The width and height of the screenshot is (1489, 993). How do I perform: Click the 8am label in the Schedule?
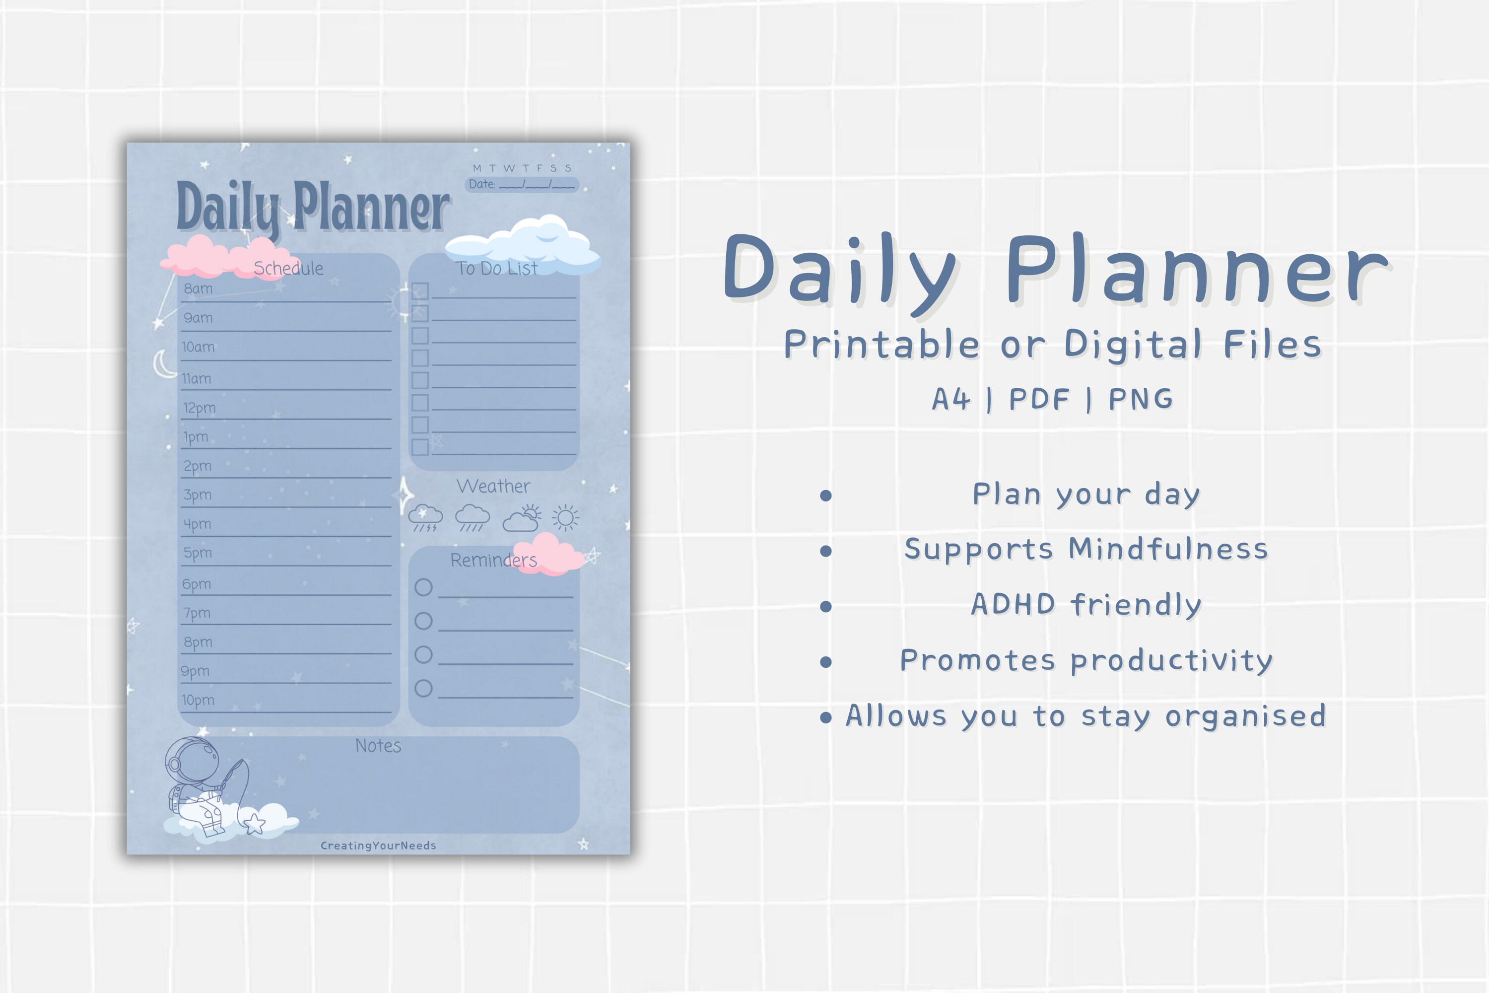[198, 289]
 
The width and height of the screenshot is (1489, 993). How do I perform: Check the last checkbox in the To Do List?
[420, 447]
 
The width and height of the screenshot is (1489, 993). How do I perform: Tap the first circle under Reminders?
[423, 587]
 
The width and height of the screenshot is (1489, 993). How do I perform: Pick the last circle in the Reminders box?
[423, 688]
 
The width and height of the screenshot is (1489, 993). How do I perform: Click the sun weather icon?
[565, 518]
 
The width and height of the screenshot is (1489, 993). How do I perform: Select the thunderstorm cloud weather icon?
[425, 517]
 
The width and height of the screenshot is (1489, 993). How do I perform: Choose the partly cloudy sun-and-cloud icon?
[522, 518]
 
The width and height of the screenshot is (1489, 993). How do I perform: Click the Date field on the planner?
[522, 184]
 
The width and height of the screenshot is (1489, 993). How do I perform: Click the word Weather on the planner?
[493, 487]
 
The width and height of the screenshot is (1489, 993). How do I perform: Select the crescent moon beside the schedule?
[164, 363]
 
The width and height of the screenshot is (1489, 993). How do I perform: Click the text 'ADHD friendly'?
[1086, 605]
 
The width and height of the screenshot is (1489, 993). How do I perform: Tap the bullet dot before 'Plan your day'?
[825, 495]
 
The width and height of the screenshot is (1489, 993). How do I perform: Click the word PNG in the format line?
[1141, 399]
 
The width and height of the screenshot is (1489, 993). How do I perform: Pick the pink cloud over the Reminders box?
[548, 554]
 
